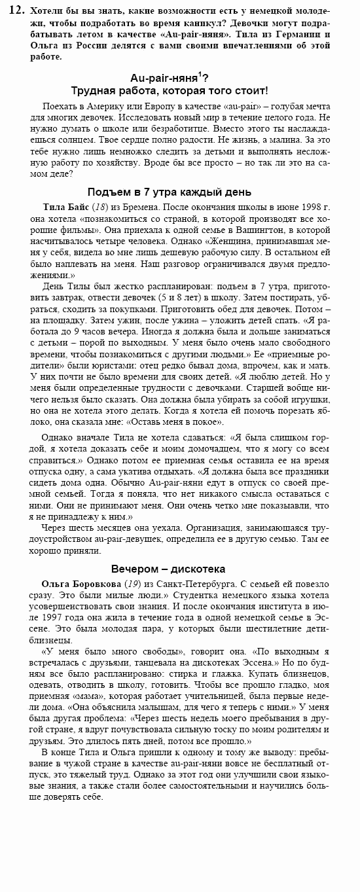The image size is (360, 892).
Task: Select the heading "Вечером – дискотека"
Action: click(168, 569)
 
